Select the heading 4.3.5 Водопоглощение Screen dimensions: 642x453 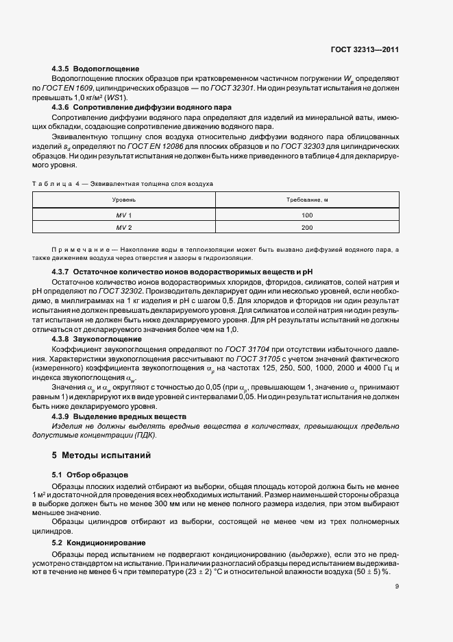96,69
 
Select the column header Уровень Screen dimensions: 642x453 124,199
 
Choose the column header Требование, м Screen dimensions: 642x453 306,199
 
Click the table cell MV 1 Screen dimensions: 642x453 124,215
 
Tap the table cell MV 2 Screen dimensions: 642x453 124,228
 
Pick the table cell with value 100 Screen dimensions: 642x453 306,215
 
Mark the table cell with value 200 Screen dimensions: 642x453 306,228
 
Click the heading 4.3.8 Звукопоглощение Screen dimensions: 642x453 97,340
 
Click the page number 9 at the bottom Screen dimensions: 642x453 397,586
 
